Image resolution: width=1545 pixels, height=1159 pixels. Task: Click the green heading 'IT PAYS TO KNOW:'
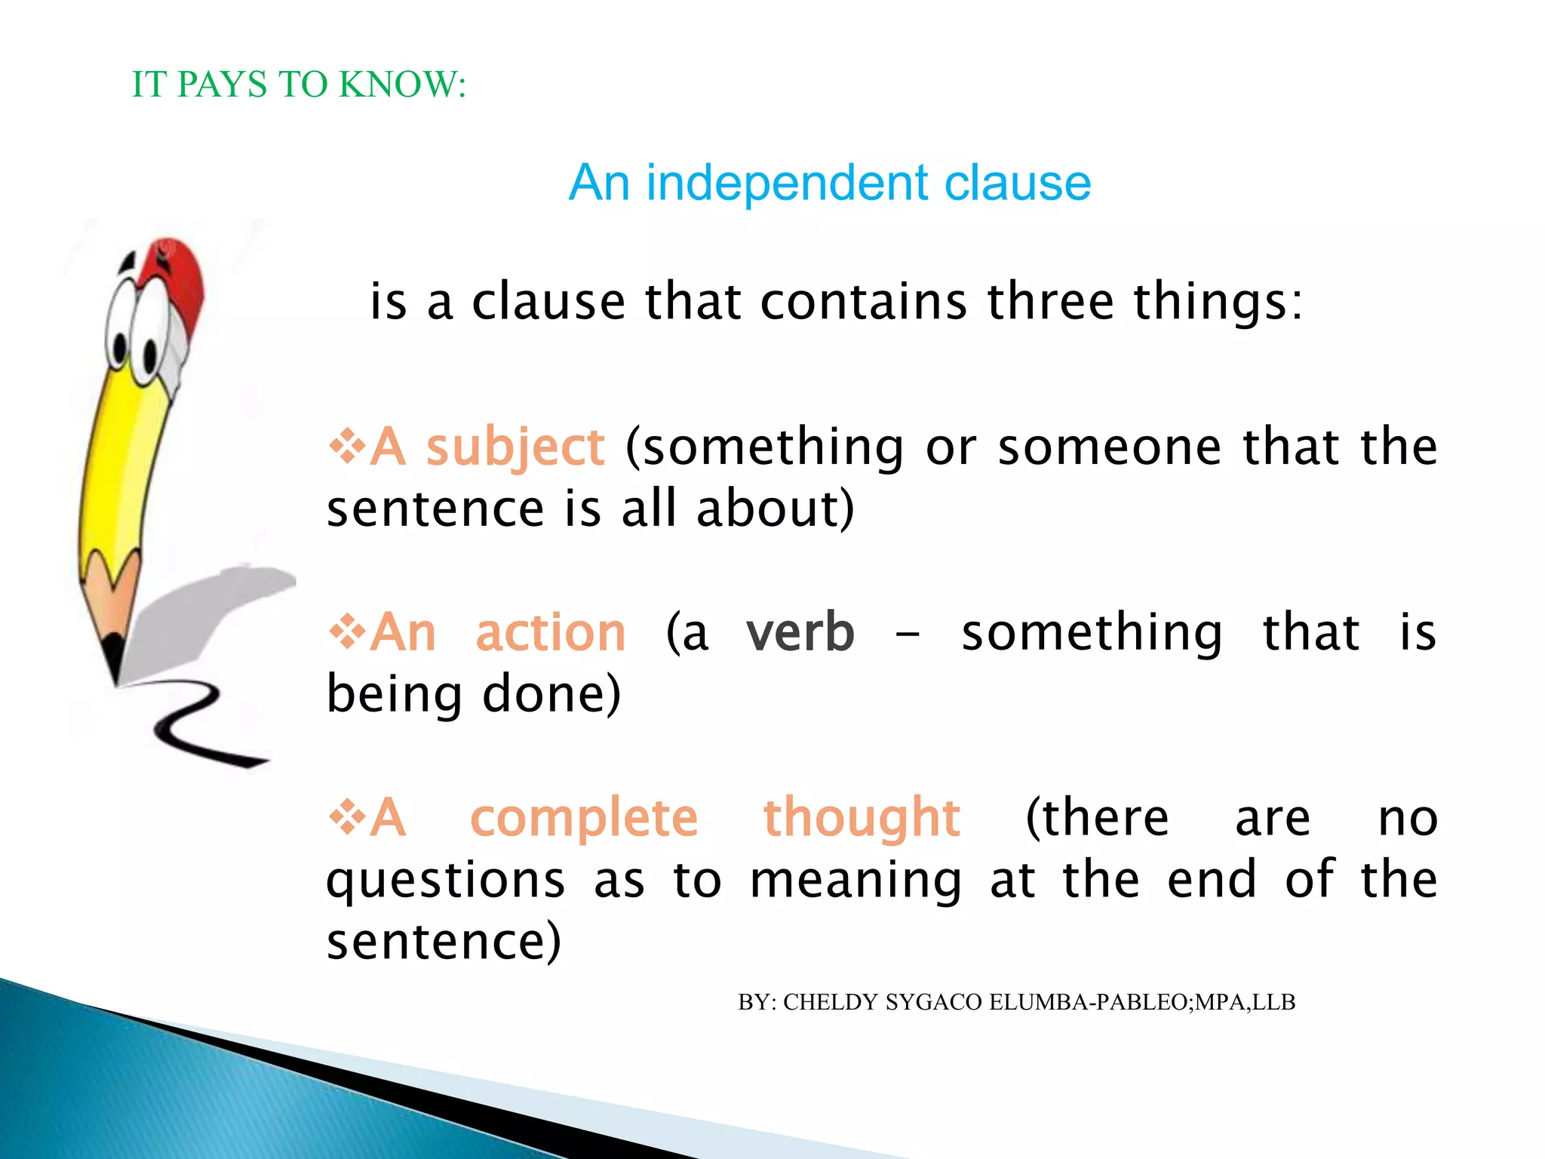(x=299, y=85)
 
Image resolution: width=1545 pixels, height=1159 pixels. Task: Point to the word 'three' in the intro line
(x=1051, y=302)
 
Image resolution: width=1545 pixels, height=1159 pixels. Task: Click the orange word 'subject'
(x=515, y=448)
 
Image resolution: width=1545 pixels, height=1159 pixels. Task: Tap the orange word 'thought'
(x=862, y=819)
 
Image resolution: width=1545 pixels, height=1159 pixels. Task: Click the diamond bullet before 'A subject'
(x=347, y=446)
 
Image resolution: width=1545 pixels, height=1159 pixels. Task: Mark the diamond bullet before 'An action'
(x=347, y=631)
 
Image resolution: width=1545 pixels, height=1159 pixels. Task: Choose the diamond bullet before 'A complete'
(x=347, y=816)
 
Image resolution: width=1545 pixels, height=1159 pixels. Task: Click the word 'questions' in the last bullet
(x=446, y=881)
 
